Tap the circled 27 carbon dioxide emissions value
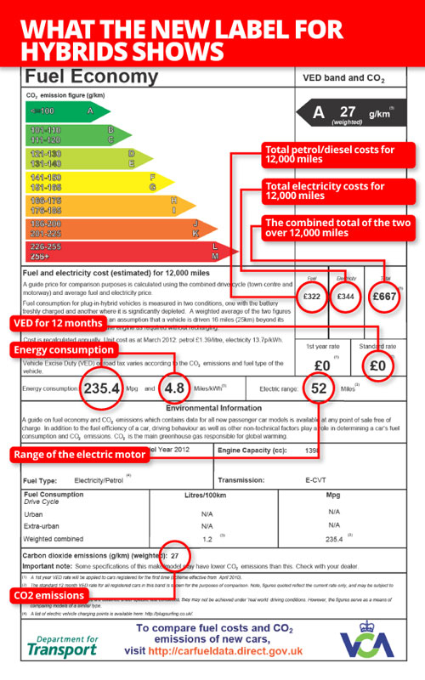pyautogui.click(x=174, y=556)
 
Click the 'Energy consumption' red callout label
pyautogui.click(x=63, y=349)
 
